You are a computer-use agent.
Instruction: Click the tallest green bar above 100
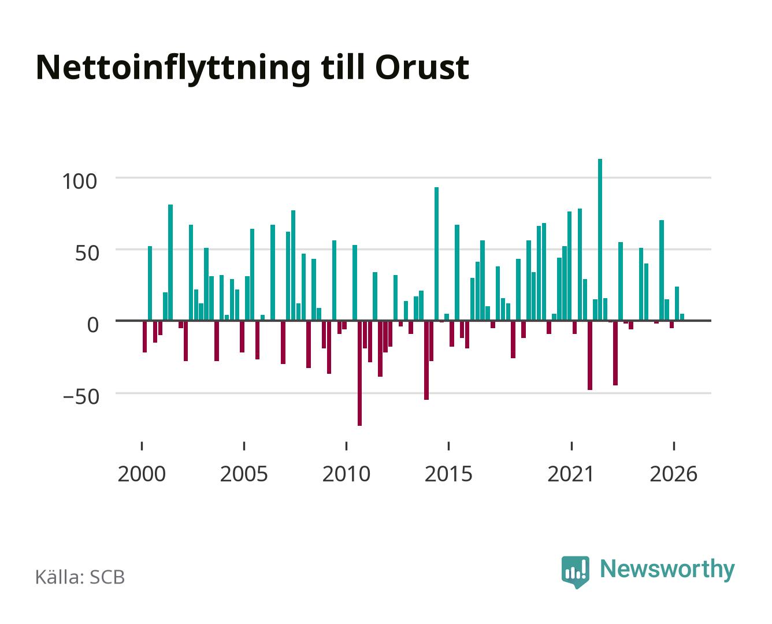click(600, 240)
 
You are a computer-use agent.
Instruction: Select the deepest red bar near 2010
click(359, 373)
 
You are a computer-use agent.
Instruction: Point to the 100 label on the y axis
click(79, 181)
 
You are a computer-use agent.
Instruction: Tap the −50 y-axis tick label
click(81, 397)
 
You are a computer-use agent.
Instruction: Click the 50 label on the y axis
click(87, 253)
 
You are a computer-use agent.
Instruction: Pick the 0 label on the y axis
click(93, 325)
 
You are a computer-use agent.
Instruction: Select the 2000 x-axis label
click(142, 474)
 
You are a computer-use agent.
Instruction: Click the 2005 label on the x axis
click(244, 474)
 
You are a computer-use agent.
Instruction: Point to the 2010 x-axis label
click(346, 474)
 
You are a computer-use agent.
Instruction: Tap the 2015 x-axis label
click(448, 474)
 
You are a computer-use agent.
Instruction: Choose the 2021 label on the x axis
click(571, 474)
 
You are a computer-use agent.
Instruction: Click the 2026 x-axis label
click(673, 474)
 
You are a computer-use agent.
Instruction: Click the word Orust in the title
click(422, 68)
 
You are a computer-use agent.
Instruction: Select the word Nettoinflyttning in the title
click(173, 69)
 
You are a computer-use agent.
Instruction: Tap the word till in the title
click(343, 67)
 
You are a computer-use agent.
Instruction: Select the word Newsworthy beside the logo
click(667, 570)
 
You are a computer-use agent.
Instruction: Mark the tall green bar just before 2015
click(436, 254)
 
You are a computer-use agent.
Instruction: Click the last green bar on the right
click(682, 317)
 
